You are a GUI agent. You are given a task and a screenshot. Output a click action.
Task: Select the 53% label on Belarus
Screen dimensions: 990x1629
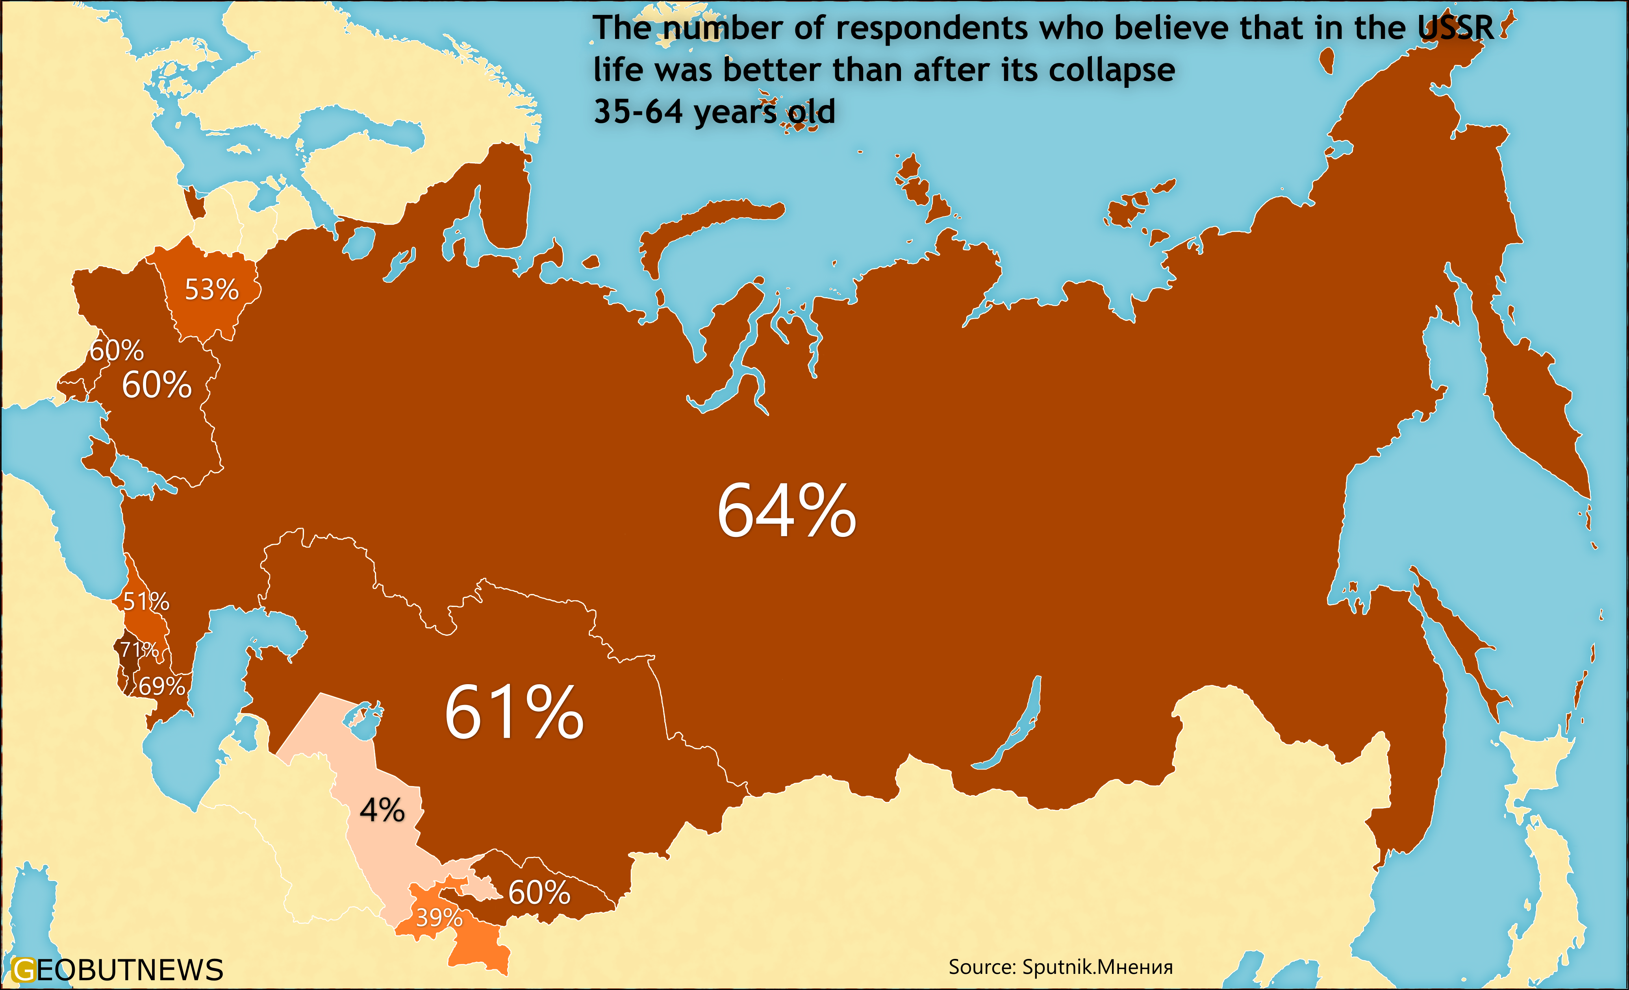pos(211,289)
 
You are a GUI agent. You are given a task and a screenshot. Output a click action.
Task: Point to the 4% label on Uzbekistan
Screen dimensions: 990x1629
pos(382,810)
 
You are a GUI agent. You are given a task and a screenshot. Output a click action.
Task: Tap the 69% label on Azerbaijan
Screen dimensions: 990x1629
pos(161,686)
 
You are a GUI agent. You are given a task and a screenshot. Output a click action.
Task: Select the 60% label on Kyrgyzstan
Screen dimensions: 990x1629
pos(539,892)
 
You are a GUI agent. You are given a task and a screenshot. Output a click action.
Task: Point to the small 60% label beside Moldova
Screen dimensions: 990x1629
pos(117,350)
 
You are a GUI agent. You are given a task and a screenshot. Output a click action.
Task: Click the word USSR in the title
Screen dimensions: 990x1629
pos(1455,28)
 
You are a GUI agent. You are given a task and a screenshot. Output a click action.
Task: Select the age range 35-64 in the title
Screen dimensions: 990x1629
pos(638,111)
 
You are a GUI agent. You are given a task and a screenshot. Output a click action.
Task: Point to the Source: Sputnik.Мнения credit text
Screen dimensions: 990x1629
pos(1060,967)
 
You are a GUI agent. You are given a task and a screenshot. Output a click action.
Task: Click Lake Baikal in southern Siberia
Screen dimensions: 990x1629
pos(1012,727)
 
